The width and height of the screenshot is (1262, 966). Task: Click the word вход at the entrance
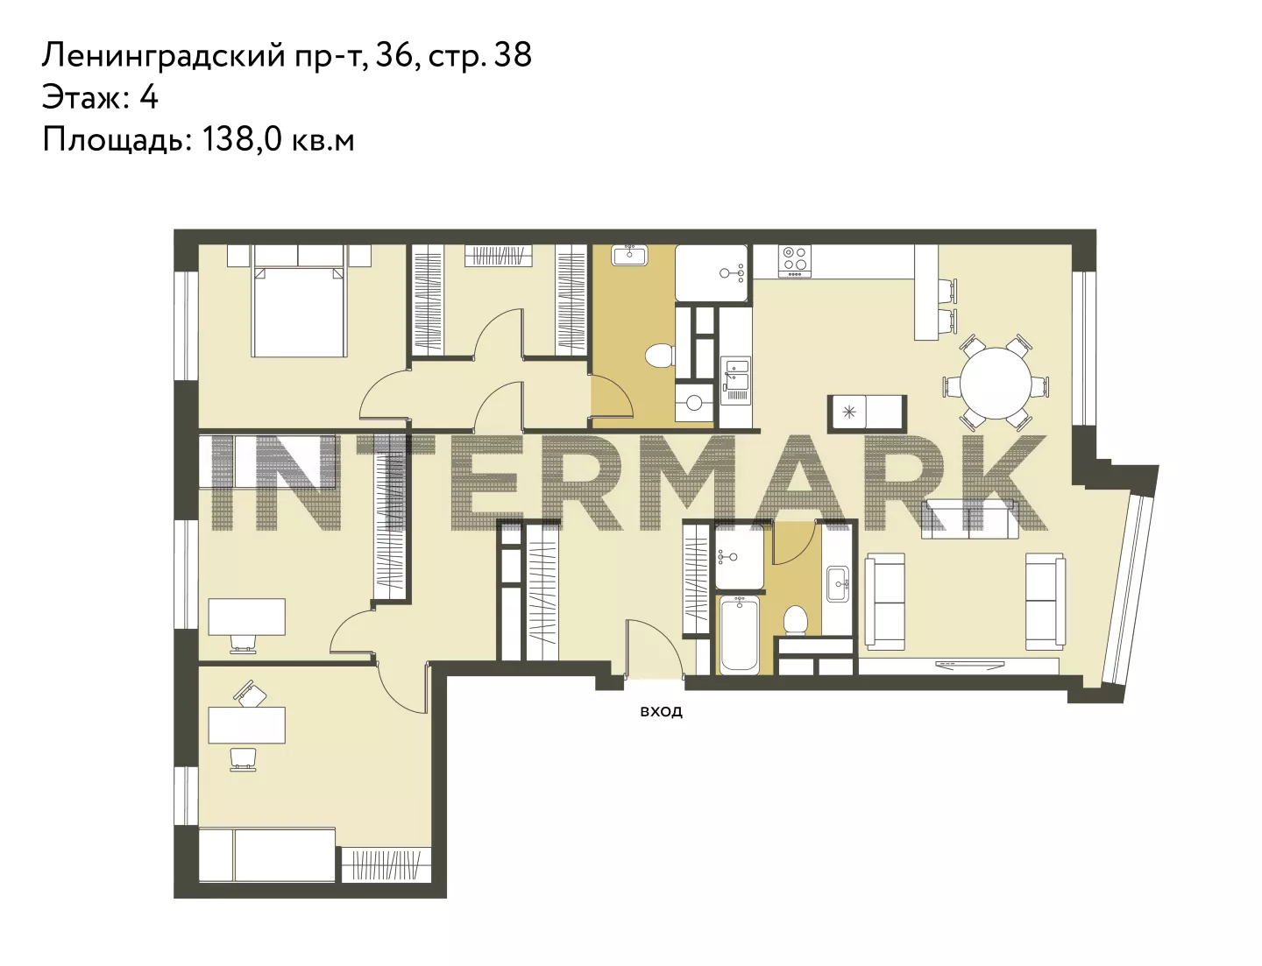(661, 711)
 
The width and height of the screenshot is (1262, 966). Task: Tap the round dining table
(996, 384)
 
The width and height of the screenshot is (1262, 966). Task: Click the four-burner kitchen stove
(795, 261)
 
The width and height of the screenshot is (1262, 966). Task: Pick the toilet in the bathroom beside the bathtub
(795, 620)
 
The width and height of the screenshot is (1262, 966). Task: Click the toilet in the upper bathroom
(660, 356)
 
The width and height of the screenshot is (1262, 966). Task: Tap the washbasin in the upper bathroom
(629, 255)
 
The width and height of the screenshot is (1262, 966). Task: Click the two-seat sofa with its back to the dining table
(968, 519)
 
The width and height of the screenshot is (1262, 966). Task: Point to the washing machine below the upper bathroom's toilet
(694, 401)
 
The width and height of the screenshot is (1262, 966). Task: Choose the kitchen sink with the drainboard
(735, 380)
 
